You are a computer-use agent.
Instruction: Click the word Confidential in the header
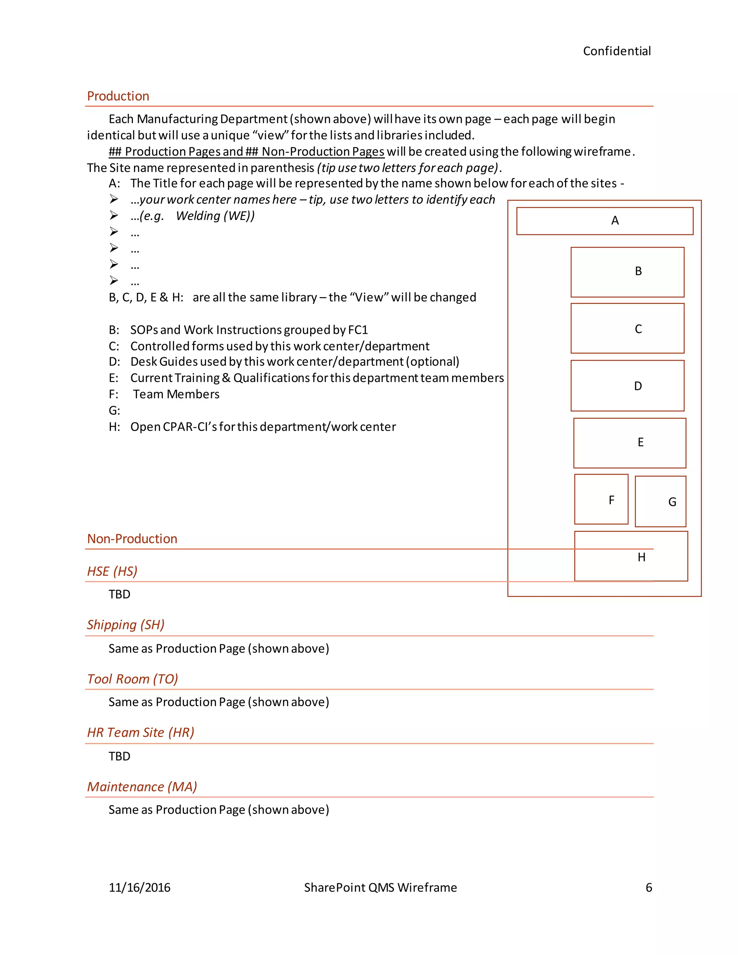(617, 51)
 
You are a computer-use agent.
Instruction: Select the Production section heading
(118, 96)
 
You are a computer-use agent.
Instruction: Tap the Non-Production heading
(132, 539)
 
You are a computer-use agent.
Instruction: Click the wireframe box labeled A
(605, 221)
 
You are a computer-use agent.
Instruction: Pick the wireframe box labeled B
(627, 272)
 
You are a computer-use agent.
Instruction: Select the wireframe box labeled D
(627, 386)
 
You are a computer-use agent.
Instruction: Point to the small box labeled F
(601, 499)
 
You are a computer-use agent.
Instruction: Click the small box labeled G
(660, 501)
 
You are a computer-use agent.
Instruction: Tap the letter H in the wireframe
(641, 557)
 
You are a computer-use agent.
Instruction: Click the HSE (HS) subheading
(112, 572)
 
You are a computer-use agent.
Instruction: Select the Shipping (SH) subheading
(125, 625)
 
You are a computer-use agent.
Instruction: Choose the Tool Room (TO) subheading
(133, 679)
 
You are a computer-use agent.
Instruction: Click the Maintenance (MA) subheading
(142, 787)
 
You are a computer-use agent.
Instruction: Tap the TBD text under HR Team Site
(119, 756)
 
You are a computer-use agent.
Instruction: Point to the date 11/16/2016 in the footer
(139, 888)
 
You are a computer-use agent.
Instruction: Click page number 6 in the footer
(649, 888)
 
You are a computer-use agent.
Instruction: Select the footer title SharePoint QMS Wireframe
(381, 888)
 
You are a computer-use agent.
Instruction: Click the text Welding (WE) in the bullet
(215, 216)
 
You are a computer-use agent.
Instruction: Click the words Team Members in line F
(176, 394)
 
